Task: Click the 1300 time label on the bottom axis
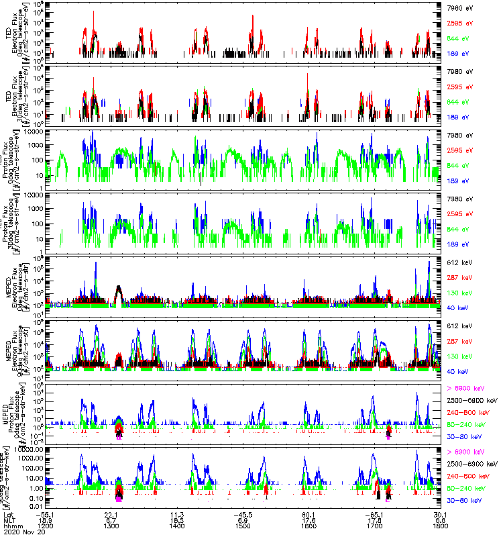(112, 525)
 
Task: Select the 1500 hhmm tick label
(243, 525)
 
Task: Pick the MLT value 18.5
(177, 518)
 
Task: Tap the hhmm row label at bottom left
(11, 525)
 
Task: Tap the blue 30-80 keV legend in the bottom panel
(462, 501)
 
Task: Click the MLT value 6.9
(243, 518)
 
